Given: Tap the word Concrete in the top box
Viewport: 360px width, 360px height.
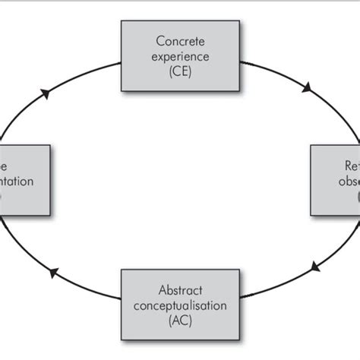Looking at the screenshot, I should click(x=179, y=39).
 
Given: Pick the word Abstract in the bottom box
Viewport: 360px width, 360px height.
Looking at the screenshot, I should click(x=179, y=289).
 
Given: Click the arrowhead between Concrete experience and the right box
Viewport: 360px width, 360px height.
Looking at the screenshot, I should click(x=307, y=88).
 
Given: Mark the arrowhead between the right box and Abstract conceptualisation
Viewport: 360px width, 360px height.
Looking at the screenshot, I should click(x=314, y=267).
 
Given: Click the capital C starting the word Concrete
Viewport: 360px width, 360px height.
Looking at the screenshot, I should click(x=159, y=39).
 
